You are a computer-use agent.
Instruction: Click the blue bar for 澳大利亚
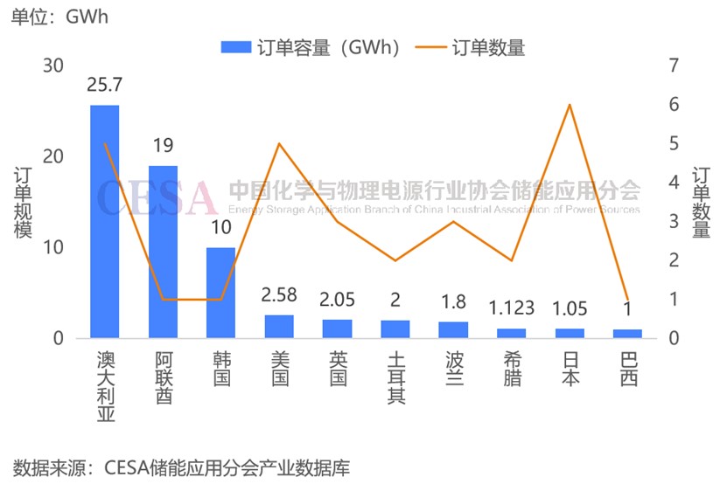[105, 221]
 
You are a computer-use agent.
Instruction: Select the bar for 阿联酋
[163, 252]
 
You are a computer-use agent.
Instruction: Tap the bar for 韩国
[220, 293]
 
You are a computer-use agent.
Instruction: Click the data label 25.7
[105, 85]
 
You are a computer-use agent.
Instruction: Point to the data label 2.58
[279, 294]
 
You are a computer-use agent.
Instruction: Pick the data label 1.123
[511, 308]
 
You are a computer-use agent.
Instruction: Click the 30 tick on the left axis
[53, 66]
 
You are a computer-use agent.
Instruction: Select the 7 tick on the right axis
[673, 66]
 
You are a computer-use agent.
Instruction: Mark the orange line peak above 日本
[570, 105]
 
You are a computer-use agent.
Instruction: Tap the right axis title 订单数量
[701, 203]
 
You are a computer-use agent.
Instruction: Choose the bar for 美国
[279, 326]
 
